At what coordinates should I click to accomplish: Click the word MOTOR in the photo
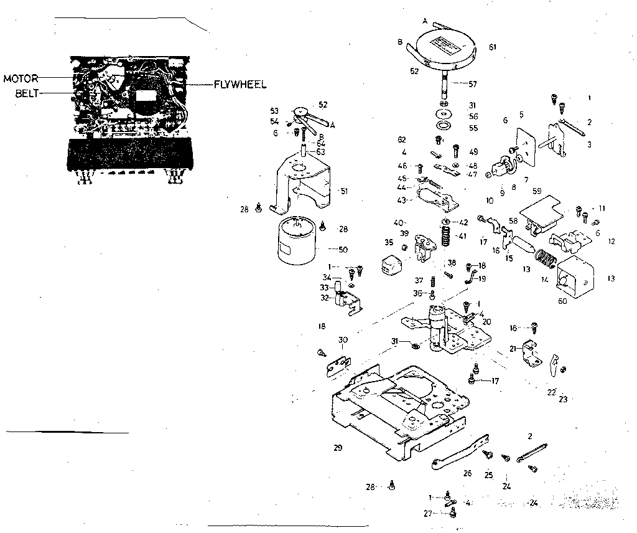click(x=21, y=78)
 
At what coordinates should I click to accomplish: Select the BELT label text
click(x=26, y=94)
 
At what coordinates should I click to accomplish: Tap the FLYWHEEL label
click(x=240, y=84)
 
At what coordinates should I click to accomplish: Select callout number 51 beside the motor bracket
click(x=343, y=191)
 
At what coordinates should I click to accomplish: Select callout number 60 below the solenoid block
click(x=564, y=301)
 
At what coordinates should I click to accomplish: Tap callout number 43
click(x=402, y=200)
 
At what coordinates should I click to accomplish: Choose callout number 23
click(x=564, y=399)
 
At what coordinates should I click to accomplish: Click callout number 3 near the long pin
click(x=589, y=144)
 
